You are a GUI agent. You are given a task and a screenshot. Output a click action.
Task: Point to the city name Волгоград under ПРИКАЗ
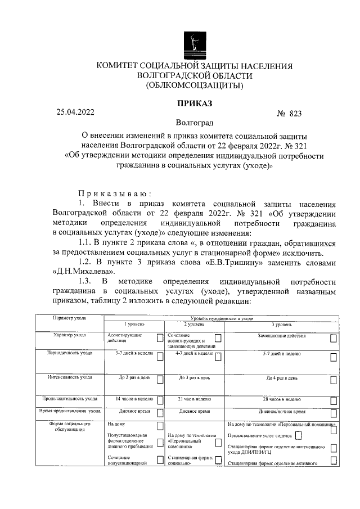tap(195, 122)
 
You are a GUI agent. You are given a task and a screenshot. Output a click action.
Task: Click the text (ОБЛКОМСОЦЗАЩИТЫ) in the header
tap(195, 85)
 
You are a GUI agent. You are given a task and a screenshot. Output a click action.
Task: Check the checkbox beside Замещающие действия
tap(334, 337)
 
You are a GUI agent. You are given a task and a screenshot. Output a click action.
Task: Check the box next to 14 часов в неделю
tap(160, 400)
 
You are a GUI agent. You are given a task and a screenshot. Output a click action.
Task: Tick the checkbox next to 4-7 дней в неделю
tap(217, 356)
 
